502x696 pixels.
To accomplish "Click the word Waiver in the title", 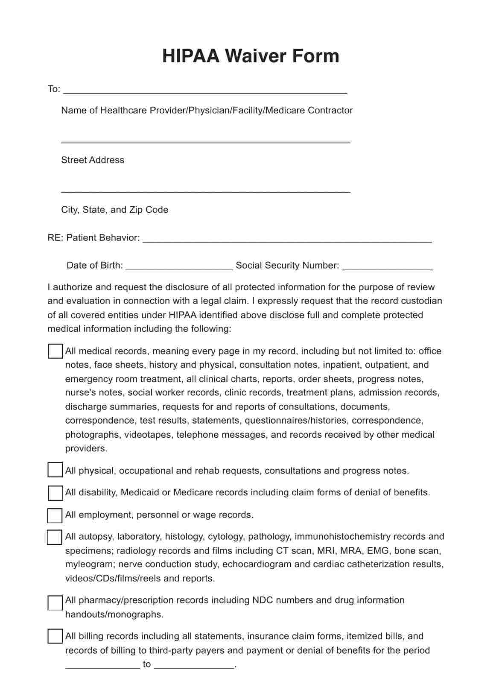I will (x=256, y=56).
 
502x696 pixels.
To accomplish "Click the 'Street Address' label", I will (x=93, y=160).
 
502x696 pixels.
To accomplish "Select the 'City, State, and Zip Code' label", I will (x=114, y=210).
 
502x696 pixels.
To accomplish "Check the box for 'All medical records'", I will (x=55, y=351).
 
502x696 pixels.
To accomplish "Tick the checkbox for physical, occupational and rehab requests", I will (x=55, y=470).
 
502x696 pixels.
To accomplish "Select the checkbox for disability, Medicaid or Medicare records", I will (x=55, y=493).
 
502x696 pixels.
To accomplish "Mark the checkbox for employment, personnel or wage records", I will (x=55, y=515).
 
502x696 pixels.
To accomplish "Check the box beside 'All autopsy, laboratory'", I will (x=55, y=537).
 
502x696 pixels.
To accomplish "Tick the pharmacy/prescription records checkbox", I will (x=55, y=603).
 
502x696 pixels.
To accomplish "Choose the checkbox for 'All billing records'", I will (x=55, y=636).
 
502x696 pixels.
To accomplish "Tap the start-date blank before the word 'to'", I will (x=102, y=665).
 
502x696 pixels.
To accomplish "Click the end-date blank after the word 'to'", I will (x=194, y=665).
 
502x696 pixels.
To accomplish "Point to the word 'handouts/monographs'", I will (x=114, y=614).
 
